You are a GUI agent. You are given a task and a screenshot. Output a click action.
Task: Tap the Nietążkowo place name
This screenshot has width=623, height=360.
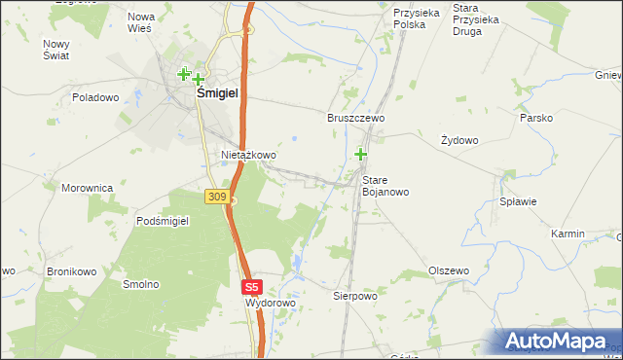tap(249, 155)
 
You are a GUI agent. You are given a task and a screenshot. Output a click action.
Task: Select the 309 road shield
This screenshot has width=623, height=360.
tap(217, 197)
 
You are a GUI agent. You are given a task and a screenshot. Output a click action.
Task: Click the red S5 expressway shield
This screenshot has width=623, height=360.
tap(252, 287)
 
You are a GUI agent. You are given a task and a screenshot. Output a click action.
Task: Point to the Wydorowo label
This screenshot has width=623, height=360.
tap(270, 304)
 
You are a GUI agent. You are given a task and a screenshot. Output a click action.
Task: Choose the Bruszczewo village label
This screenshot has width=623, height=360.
tap(354, 117)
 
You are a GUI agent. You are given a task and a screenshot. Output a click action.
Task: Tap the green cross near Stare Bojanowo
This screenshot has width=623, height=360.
tap(361, 154)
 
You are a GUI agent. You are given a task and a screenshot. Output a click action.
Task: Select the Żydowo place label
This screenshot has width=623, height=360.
tap(459, 140)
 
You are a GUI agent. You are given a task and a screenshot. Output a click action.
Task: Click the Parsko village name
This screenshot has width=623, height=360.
tap(536, 118)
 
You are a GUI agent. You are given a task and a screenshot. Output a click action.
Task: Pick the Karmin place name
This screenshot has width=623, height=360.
tap(568, 234)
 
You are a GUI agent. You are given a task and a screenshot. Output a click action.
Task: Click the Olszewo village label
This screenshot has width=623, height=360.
tap(449, 270)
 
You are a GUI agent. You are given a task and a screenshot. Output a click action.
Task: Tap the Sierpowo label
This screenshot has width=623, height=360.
tap(354, 295)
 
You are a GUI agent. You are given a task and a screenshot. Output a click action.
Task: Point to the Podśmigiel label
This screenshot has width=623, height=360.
tap(162, 221)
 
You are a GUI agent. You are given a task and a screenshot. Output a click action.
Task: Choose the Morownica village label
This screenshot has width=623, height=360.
tap(88, 188)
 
